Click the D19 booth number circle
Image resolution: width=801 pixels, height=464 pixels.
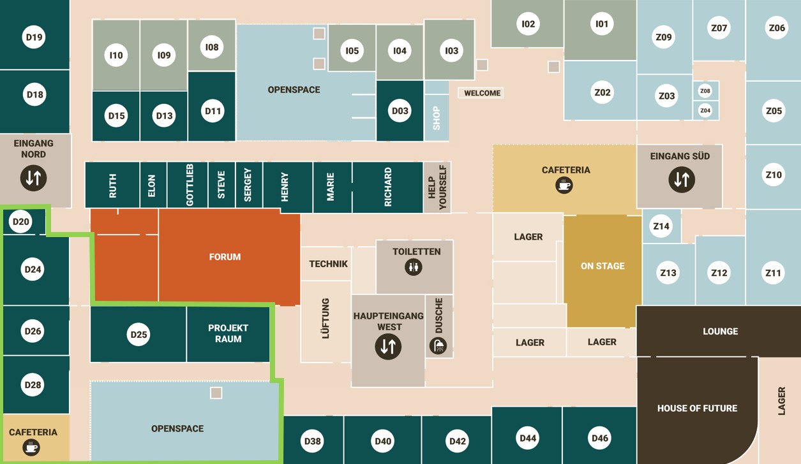[x=34, y=37]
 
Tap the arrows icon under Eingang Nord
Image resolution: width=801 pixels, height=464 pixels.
[x=33, y=177]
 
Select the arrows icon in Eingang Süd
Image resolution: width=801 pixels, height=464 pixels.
[x=681, y=180]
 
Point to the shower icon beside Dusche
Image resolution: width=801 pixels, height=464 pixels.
[x=438, y=345]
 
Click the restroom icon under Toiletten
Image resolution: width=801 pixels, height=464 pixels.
[x=414, y=267]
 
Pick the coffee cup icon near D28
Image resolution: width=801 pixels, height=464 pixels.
[x=31, y=447]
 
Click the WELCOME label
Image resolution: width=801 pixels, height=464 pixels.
[x=482, y=93]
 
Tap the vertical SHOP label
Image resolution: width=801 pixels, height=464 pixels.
[x=437, y=118]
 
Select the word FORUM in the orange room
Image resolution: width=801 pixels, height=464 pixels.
[x=225, y=257]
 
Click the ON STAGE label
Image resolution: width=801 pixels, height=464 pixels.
[x=603, y=266]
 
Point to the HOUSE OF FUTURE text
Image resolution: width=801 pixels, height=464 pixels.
[x=697, y=408]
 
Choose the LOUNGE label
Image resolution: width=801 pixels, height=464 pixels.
[x=720, y=331]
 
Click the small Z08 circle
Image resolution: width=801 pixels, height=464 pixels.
[x=705, y=91]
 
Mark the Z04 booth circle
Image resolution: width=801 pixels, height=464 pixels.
[x=705, y=110]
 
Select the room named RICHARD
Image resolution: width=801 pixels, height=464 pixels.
[x=387, y=186]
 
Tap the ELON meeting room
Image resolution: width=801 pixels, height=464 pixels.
[x=152, y=185]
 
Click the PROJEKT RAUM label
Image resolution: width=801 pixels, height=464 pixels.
[x=228, y=333]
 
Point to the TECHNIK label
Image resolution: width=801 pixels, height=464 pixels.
[x=328, y=264]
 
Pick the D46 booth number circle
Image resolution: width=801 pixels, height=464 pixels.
[x=600, y=438]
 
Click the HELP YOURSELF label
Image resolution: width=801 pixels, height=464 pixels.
[x=438, y=187]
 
